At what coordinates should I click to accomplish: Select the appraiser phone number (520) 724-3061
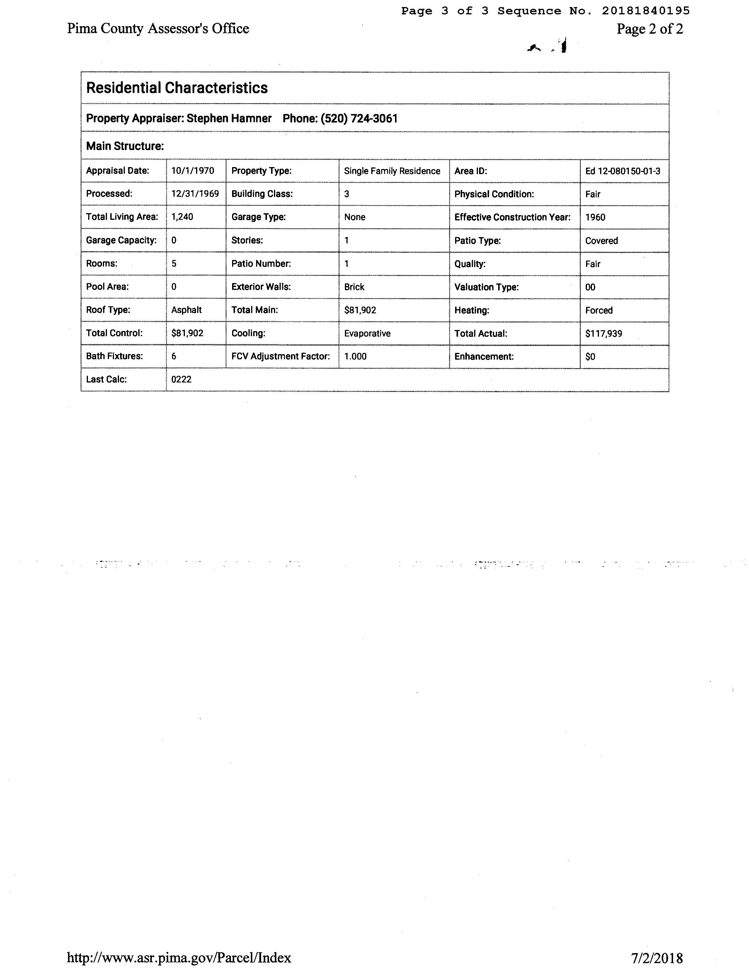pos(359,119)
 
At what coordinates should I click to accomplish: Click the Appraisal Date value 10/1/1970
pos(193,171)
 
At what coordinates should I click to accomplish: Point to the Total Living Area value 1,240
pos(182,217)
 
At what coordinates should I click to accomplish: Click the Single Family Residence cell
pos(392,171)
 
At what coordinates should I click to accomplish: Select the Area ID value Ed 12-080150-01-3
pos(622,171)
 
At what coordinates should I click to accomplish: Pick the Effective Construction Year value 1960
pos(595,217)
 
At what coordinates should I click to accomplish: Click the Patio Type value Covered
pos(601,241)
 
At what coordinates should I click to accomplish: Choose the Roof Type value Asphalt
pos(186,310)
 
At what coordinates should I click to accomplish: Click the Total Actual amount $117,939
pos(604,334)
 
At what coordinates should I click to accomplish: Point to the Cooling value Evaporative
pos(367,334)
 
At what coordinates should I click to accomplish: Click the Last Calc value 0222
pos(181,380)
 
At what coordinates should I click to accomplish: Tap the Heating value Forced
pos(599,310)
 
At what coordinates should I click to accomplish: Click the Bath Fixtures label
pos(114,356)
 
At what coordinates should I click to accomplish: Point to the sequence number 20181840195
pos(645,11)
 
